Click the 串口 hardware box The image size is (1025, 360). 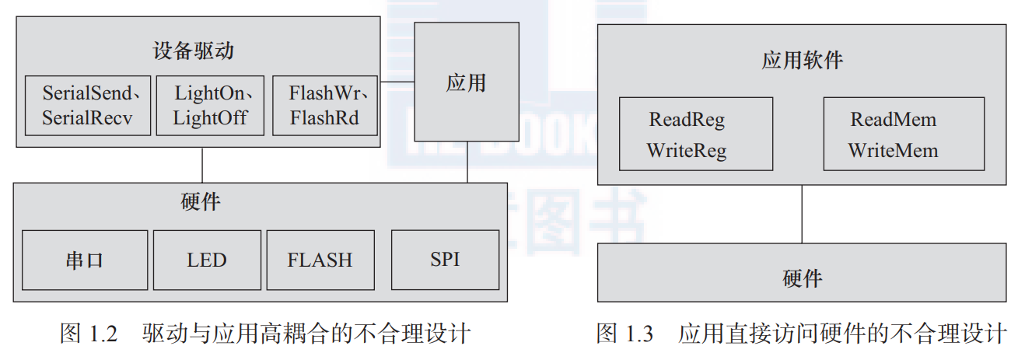coord(84,260)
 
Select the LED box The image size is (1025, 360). coord(207,260)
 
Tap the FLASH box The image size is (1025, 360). coord(320,260)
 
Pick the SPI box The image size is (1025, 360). coord(445,259)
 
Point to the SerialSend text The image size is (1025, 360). coord(87,94)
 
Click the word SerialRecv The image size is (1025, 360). coord(87,118)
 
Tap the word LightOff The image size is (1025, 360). coord(208,118)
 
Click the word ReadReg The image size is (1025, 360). coord(687,120)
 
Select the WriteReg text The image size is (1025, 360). coord(687,150)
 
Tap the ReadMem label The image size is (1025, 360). coord(894,120)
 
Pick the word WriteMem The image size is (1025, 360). coord(894,150)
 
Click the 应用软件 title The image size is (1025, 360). coord(802,61)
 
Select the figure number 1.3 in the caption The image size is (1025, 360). coord(638,335)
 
